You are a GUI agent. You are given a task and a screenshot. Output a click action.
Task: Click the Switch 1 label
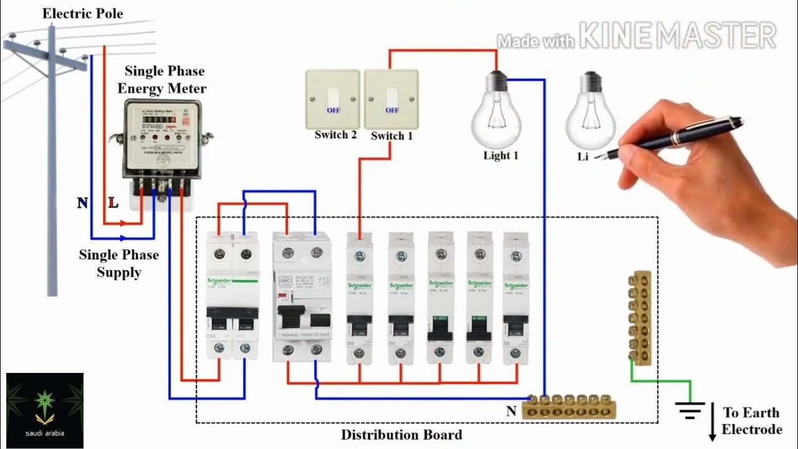point(392,135)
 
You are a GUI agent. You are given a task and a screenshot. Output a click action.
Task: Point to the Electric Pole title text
point(82,14)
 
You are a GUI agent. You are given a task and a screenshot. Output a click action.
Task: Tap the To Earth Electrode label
point(751,421)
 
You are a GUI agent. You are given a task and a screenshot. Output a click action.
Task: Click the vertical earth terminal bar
point(640,317)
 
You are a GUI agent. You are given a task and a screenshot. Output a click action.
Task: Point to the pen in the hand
point(680,134)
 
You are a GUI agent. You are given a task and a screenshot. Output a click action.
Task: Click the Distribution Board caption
point(401,435)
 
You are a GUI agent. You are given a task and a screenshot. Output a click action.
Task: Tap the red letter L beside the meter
point(113,203)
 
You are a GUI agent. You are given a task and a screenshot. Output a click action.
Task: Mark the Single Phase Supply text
point(118,263)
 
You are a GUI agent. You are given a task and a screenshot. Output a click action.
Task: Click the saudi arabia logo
point(44,410)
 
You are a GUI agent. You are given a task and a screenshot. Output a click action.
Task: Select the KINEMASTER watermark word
point(678,36)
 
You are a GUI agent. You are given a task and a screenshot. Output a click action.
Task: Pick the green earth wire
point(661,381)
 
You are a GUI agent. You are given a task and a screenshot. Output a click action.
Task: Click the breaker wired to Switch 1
point(360,298)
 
